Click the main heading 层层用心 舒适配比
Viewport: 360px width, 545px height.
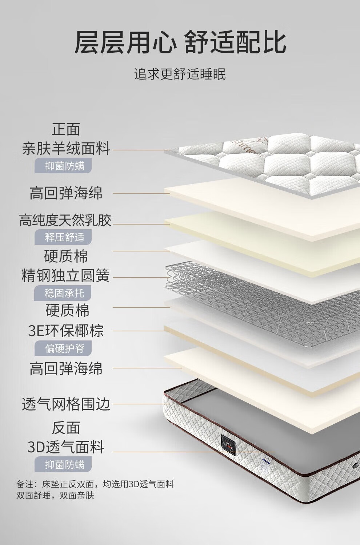[180, 43]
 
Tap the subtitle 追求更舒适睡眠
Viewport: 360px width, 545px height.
[180, 74]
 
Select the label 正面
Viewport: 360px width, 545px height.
[66, 129]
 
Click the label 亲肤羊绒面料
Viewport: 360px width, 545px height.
[66, 148]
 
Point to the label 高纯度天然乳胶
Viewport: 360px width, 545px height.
[65, 220]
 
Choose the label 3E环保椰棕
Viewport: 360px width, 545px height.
[66, 331]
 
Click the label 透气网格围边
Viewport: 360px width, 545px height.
[66, 404]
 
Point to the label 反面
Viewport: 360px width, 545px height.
[66, 428]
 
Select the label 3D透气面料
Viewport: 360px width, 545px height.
[66, 447]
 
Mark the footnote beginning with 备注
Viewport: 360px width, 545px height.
[95, 489]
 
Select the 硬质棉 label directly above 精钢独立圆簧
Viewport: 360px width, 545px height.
[66, 256]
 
